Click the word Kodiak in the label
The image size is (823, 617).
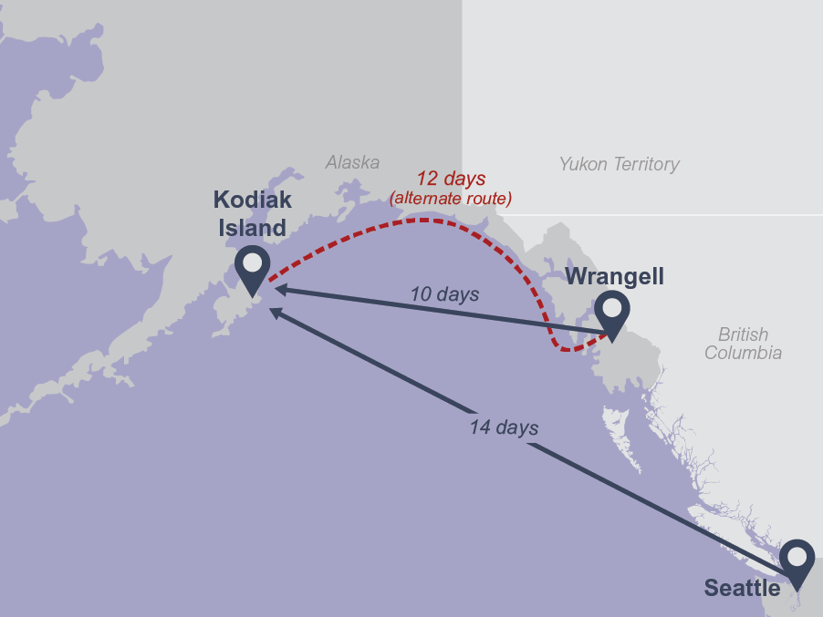[x=253, y=199]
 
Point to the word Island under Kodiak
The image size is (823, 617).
[x=252, y=227]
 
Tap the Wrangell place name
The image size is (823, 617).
[x=614, y=276]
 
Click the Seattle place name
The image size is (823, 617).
[x=741, y=589]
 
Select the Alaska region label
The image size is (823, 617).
[x=352, y=162]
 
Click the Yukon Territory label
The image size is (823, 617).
[x=619, y=164]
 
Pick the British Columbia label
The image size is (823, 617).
[x=743, y=344]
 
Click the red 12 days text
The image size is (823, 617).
[x=451, y=179]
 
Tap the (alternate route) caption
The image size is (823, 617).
[x=451, y=197]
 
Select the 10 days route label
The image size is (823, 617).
[x=444, y=294]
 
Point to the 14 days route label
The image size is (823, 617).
[x=504, y=427]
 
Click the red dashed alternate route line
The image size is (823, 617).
[x=420, y=220]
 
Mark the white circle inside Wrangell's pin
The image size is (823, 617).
[x=611, y=307]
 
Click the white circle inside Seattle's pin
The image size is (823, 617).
[x=797, y=554]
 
